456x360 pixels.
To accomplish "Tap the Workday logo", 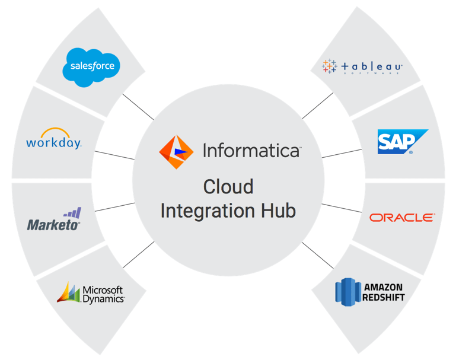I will pos(53,140).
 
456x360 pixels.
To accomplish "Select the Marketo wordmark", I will pos(53,225).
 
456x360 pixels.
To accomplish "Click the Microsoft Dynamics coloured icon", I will pos(68,292).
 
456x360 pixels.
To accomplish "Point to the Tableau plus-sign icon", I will pos(329,66).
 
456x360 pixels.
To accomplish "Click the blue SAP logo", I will pos(402,142).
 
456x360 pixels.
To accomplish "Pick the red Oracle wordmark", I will pos(401,218).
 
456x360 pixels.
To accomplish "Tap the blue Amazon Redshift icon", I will pos(347,291).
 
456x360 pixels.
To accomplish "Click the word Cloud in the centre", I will pos(228,187).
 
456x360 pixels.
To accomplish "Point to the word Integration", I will pos(208,211).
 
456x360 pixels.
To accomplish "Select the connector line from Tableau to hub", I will pos(317,106).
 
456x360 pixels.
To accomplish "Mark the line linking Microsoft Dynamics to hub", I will pos(138,254).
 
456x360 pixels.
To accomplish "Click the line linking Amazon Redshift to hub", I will pos(317,254).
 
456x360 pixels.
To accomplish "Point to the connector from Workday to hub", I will pos(114,155).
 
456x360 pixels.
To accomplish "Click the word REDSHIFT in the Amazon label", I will pos(384,296).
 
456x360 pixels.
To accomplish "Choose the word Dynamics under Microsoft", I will pos(103,299).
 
